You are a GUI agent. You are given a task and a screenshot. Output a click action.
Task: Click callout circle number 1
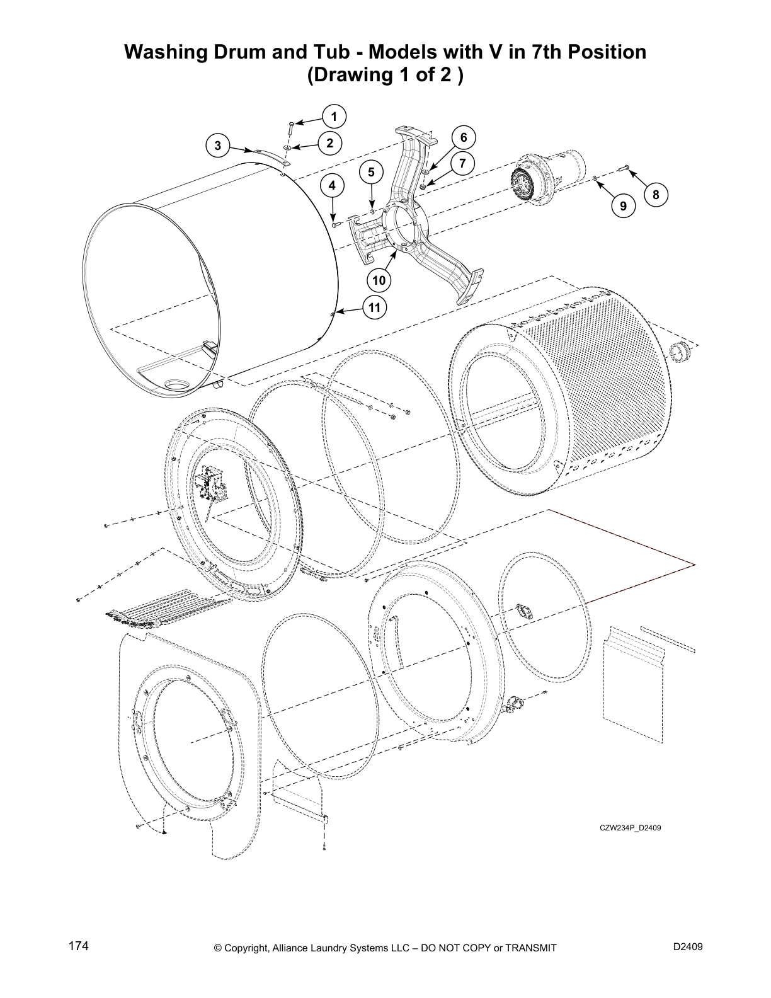pos(334,117)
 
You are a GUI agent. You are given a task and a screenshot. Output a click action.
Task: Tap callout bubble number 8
pos(656,195)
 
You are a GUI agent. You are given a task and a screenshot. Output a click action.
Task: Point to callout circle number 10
pos(379,279)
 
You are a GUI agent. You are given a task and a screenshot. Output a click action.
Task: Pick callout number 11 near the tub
pos(374,307)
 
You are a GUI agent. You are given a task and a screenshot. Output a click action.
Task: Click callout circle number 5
pos(371,171)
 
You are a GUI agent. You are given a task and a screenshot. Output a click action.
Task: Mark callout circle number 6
pos(463,137)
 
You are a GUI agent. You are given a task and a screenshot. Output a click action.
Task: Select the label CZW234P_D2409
pos(629,828)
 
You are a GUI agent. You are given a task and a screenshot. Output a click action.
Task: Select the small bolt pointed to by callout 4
pos(335,224)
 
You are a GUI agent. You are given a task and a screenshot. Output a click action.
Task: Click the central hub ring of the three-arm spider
pos(404,226)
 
